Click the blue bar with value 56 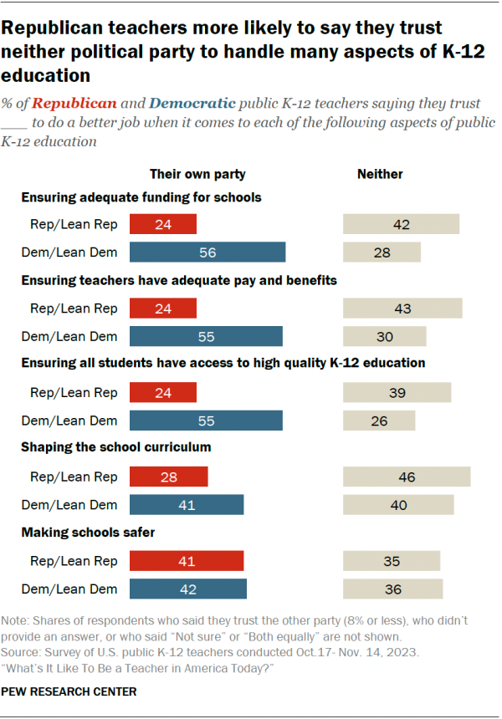point(207,252)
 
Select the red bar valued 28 point(168,477)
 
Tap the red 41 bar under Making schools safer point(187,560)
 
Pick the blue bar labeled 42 point(188,589)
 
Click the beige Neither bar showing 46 point(407,477)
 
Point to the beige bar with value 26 point(379,421)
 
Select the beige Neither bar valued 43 point(402,308)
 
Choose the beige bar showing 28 point(382,252)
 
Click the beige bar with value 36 point(393,589)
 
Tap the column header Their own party point(197,174)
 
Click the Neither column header point(380,174)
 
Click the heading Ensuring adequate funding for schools point(141,198)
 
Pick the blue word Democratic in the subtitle point(192,105)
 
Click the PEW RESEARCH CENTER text point(69,691)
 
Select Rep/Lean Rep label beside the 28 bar point(74,477)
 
